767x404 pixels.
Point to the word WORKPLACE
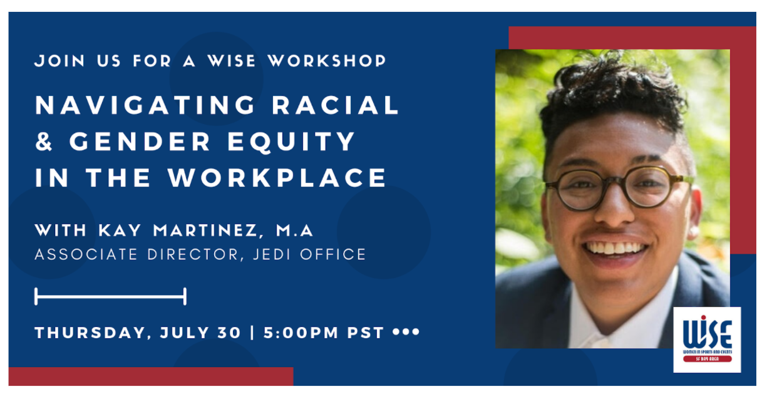(277, 178)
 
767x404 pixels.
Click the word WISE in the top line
(231, 61)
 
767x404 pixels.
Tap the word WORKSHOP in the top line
(327, 61)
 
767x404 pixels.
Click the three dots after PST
(406, 332)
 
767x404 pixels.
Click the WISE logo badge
(707, 339)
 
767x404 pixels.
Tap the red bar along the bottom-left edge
(150, 376)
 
